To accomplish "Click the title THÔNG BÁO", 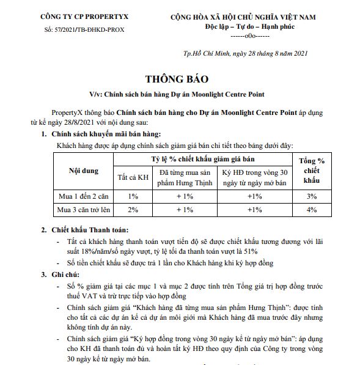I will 177,79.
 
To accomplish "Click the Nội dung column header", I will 83,171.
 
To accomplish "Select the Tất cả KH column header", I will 133,177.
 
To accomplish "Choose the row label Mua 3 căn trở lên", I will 84,210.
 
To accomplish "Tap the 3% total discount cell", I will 311,196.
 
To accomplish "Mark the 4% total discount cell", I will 311,210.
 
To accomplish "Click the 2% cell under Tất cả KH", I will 133,210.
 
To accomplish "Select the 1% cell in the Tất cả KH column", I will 133,196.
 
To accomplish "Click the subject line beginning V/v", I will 177,95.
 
